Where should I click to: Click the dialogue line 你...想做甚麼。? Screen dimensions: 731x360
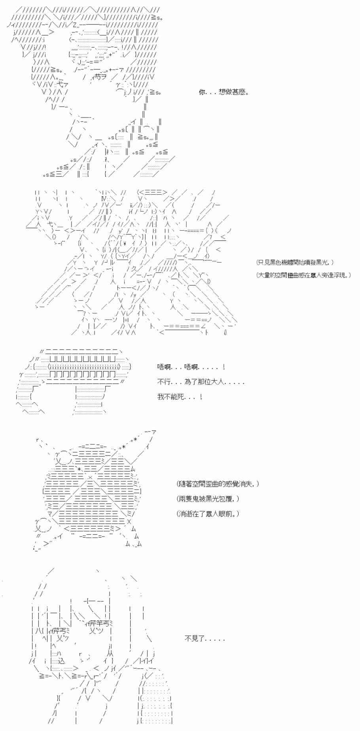click(x=224, y=93)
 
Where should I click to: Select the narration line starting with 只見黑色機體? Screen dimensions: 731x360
click(x=295, y=262)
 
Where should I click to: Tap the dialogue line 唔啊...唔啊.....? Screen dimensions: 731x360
click(x=191, y=367)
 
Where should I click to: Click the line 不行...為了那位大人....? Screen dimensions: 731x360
click(x=201, y=382)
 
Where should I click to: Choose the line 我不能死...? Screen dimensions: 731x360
click(x=180, y=396)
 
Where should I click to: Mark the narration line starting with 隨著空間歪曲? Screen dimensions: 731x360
click(x=218, y=484)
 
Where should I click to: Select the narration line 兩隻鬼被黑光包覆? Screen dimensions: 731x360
click(x=208, y=499)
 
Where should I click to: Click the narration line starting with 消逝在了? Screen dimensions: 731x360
click(x=208, y=513)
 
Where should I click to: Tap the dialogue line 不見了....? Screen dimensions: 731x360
click(x=205, y=638)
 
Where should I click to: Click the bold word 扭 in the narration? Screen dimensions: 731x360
click(x=304, y=275)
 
